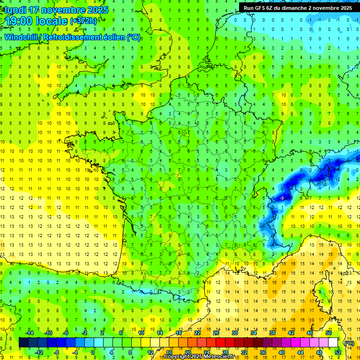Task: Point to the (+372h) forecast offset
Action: pyautogui.click(x=83, y=21)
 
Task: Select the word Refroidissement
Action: pyautogui.click(x=76, y=37)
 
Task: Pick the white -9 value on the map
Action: pyautogui.click(x=282, y=198)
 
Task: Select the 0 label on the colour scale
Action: pyautogui.click(x=92, y=352)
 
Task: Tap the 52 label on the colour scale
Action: pyautogui.click(x=337, y=352)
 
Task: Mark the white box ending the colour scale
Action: pyautogui.click(x=333, y=343)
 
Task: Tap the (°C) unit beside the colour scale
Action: pyautogui.click(x=349, y=343)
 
